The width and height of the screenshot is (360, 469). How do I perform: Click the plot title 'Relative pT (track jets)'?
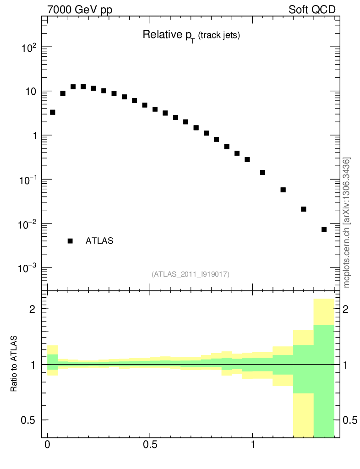tap(191, 35)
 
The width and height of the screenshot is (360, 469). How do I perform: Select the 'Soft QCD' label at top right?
tap(312, 10)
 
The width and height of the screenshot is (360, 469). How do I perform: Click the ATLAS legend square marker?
tap(70, 241)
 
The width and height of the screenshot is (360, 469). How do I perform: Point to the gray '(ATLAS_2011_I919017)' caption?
tap(191, 274)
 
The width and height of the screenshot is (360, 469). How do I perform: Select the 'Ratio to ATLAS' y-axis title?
tap(14, 364)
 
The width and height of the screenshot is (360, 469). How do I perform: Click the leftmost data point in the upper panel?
tap(53, 112)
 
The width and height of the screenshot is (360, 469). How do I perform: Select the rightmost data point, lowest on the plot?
tap(324, 229)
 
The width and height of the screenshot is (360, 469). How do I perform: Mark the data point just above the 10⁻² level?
tap(303, 209)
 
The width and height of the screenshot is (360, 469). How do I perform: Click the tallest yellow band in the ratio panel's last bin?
tap(324, 311)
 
